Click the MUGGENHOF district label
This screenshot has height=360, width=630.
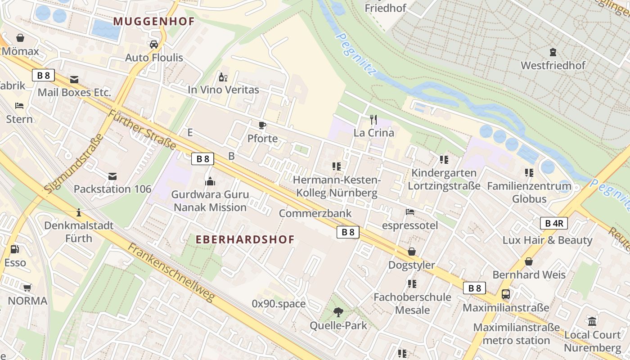click(x=154, y=21)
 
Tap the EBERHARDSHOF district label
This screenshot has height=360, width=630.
click(x=245, y=239)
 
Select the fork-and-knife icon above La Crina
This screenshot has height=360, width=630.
click(x=373, y=120)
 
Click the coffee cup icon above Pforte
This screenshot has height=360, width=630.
click(x=262, y=126)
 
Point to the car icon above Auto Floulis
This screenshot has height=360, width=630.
click(x=154, y=44)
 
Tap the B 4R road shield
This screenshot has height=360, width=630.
click(x=553, y=223)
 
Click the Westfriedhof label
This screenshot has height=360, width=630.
click(x=553, y=65)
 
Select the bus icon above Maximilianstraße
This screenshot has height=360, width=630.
click(x=506, y=295)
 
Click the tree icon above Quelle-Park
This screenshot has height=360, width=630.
click(x=338, y=312)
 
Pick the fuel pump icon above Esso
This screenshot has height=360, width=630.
click(x=15, y=249)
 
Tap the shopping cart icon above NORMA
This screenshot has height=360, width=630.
click(x=27, y=288)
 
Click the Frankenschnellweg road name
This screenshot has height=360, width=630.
click(x=171, y=272)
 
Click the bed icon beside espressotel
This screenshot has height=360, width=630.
click(x=410, y=211)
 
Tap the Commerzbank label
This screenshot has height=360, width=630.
click(x=315, y=213)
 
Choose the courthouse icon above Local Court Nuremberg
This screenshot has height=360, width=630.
click(x=592, y=322)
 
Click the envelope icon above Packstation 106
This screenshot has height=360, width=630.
click(x=112, y=176)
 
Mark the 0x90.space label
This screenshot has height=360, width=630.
click(x=279, y=304)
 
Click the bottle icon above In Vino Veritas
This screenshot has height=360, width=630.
click(x=223, y=77)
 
